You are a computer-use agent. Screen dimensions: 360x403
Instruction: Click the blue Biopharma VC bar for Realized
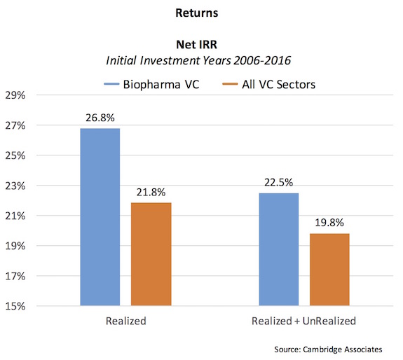pyautogui.click(x=100, y=217)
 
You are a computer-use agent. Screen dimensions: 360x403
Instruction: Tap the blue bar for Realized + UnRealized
pyautogui.click(x=278, y=249)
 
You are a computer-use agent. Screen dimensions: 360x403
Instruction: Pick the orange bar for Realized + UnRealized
pyautogui.click(x=329, y=270)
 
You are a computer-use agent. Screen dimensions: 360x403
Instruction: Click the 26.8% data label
pyautogui.click(x=100, y=117)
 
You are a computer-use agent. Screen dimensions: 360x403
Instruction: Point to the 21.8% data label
pyautogui.click(x=151, y=192)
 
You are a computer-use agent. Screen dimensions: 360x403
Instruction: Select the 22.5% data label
pyautogui.click(x=278, y=181)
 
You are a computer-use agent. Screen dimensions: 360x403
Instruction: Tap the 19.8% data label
pyautogui.click(x=329, y=222)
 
